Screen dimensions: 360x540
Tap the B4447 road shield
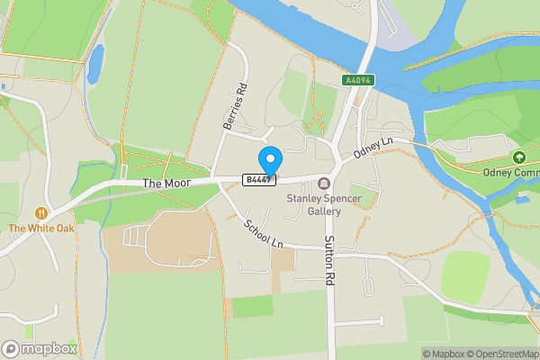coord(258,180)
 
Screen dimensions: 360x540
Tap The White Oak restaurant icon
coord(41,212)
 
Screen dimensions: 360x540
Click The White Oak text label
coord(41,229)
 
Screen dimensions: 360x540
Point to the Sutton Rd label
coord(328,261)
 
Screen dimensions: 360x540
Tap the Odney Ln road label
coord(373,148)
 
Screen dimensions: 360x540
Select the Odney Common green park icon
coord(519,157)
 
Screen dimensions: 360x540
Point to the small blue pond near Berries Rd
coord(95,63)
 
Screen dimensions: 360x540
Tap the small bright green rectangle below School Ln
coord(252,306)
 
